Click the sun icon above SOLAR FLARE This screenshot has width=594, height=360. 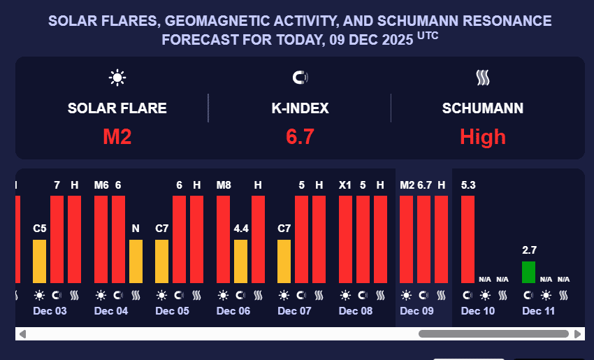pos(117,78)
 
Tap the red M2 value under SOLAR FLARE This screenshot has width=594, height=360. pos(117,136)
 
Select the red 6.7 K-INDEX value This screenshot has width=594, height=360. pos(300,136)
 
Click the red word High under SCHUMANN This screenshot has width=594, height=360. pos(482,136)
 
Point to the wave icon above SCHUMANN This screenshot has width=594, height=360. pos(482,78)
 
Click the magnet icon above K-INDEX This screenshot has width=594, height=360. pos(300,78)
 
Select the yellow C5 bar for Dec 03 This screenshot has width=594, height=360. pos(40,261)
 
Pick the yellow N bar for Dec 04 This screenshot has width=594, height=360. pos(136,261)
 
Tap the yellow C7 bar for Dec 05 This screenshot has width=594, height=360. pos(162,261)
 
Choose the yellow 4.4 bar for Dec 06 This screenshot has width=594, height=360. pos(240,261)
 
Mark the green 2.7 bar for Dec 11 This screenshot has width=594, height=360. pos(529,272)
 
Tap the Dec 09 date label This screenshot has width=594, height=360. pos(416,311)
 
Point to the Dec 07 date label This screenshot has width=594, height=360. pos(294,311)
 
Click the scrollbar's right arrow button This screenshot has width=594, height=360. pos(578,334)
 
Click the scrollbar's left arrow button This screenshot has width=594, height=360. pos(22,334)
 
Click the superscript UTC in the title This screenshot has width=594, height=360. pos(428,35)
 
